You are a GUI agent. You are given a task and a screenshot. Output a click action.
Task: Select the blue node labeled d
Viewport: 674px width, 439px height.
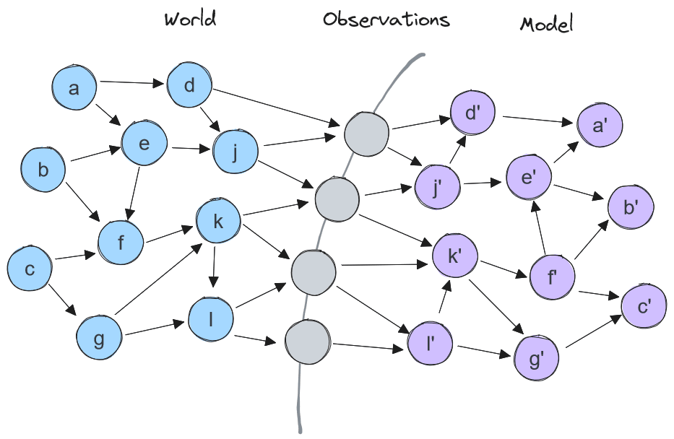189,86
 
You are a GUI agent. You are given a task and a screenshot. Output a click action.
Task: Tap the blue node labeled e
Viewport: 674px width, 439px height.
144,144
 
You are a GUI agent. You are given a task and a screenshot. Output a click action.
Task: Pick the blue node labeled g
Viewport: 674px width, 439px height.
99,338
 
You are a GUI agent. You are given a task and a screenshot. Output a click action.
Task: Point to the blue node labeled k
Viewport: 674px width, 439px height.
217,222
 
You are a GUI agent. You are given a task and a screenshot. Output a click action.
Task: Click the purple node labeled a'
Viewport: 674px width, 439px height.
599,126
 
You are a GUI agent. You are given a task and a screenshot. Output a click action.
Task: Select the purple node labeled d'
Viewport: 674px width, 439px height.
472,113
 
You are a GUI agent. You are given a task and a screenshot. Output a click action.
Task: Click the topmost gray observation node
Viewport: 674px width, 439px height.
366,134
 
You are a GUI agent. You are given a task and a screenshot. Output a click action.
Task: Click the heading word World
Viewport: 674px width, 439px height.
190,19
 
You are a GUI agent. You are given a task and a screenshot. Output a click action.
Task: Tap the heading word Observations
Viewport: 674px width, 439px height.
386,19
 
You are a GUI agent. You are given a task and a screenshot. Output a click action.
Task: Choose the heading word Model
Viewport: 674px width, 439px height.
546,25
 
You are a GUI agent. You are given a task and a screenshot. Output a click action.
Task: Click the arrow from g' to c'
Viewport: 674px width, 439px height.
592,333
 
